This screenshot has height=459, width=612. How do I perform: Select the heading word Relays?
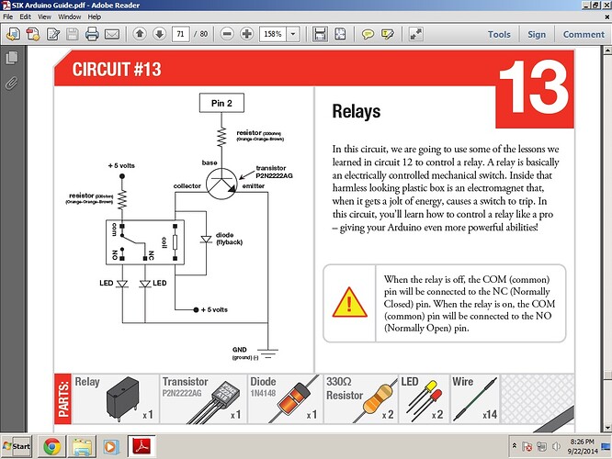[x=357, y=112]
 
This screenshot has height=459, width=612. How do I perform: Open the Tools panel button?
[x=499, y=34]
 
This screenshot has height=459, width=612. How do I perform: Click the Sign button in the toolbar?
[x=537, y=34]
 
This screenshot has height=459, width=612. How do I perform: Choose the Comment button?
[x=584, y=34]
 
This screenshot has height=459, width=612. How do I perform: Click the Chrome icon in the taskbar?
[x=51, y=445]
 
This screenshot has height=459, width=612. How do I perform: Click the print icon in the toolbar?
[x=92, y=34]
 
